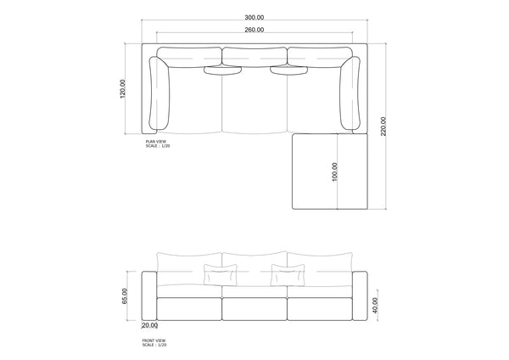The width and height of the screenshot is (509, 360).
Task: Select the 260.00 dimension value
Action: coord(254,30)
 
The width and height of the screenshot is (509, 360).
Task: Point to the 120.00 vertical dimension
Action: coord(124,88)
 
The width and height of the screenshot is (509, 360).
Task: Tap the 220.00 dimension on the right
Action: coord(384,127)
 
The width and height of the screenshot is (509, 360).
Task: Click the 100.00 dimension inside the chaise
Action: coord(336,172)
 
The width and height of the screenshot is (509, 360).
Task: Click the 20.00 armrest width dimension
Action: coord(149,325)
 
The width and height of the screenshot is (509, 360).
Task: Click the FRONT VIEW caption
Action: coord(154,340)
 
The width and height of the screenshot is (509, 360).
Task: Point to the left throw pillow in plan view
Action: coord(224,70)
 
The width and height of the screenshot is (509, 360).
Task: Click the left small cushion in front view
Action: coord(221,275)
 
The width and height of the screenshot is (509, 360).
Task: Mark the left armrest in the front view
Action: coord(149,295)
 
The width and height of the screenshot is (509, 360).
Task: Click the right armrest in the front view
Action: coord(359,295)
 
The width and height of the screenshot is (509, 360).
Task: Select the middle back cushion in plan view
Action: coord(255,57)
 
